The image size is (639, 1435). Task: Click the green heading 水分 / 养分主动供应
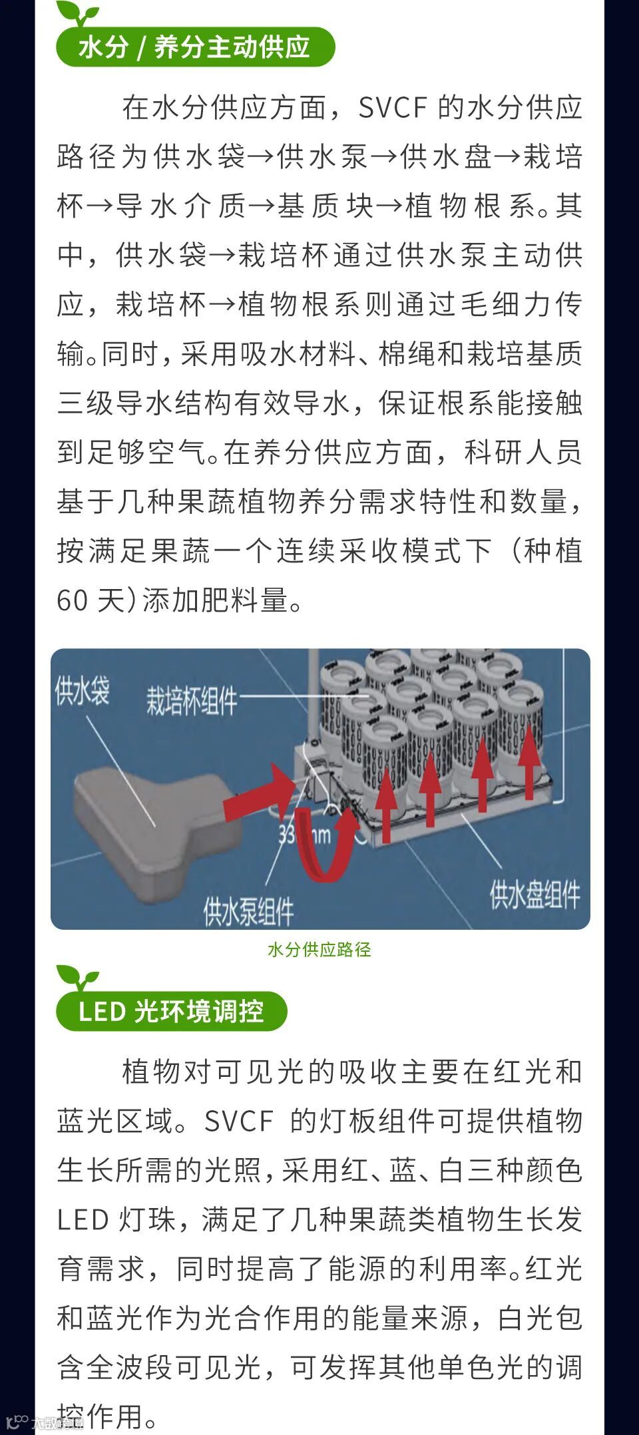pos(194,47)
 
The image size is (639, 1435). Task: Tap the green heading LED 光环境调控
pos(171,1012)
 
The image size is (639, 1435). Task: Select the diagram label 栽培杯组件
pos(192,701)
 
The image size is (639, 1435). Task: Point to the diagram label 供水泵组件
pos(248,911)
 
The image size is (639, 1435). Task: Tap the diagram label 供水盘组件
pos(535,894)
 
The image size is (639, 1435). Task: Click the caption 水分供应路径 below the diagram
pos(319,950)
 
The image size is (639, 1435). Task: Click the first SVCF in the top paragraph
pos(392,108)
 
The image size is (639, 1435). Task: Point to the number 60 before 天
pos(72,600)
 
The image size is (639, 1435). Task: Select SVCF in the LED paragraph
pos(238,1122)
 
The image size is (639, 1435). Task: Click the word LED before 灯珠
pos(83,1220)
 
